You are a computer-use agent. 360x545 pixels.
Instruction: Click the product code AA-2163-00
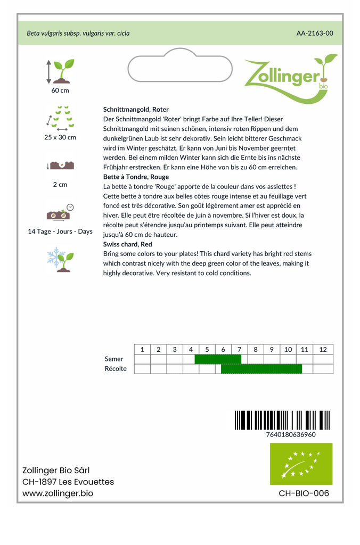[315, 33]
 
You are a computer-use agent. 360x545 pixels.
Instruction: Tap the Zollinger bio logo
[290, 76]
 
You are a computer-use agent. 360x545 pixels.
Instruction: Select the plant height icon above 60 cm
[60, 71]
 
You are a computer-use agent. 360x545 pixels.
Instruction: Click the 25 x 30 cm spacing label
[60, 137]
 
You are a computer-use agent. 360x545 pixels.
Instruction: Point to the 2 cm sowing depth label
[60, 185]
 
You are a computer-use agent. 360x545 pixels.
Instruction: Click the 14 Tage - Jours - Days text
[60, 232]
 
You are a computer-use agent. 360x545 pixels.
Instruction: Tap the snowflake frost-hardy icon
[60, 259]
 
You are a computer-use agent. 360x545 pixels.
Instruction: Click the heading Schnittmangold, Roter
[136, 109]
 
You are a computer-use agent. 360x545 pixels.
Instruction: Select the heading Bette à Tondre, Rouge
[136, 177]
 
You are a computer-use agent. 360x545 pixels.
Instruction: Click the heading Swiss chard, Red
[128, 244]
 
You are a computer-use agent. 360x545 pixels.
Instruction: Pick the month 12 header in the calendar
[323, 349]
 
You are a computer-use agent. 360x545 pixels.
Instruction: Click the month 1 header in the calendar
[142, 349]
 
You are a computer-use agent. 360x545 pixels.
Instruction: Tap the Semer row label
[114, 359]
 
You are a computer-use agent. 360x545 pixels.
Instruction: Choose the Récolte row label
[116, 369]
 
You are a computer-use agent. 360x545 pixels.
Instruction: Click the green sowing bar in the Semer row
[218, 359]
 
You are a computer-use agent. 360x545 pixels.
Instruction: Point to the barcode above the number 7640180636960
[282, 420]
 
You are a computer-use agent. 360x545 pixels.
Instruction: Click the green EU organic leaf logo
[301, 464]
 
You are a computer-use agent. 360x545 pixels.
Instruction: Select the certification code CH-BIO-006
[304, 493]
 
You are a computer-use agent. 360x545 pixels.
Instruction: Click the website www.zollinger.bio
[58, 493]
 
